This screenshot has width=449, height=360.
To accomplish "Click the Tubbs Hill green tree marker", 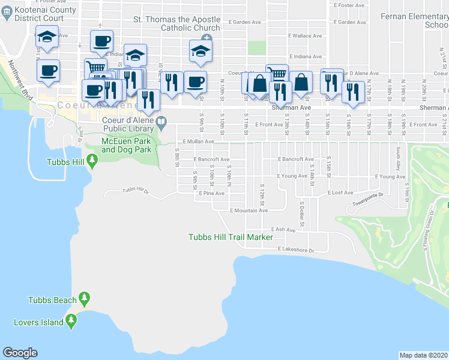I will pos(92,161).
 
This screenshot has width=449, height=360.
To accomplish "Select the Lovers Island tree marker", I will pos(71,322).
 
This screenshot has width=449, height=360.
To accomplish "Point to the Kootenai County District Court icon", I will pos(7,10).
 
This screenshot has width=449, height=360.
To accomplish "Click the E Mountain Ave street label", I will pos(249,211).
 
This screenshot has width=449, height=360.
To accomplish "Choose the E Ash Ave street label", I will pos(283,229).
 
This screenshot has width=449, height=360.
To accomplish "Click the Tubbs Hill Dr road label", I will pos(135,190).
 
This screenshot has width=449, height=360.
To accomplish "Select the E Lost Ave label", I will pos(340,193).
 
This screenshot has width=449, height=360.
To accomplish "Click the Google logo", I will pos(20,353).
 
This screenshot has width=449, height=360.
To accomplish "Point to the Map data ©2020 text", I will pos(423,355).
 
